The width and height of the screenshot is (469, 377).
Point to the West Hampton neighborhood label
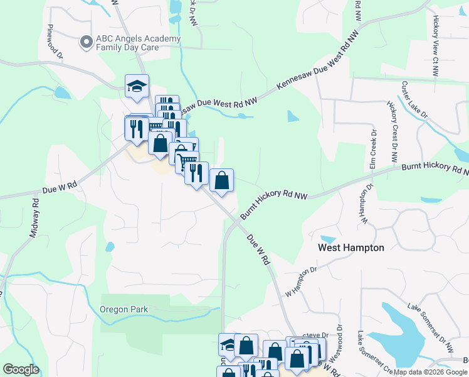point(350,248)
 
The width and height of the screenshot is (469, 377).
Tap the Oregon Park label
point(124,309)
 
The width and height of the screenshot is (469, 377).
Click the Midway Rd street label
point(35,218)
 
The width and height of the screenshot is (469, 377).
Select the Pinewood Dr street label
point(55,42)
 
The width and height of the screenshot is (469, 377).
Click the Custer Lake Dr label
point(414,100)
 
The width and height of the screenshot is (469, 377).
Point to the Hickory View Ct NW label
point(435,46)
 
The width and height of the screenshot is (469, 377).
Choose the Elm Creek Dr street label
point(372,149)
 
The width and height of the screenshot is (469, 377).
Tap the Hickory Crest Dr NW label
point(393,126)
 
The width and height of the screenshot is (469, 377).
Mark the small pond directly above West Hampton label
point(327,239)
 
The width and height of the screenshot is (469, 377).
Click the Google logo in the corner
point(20,369)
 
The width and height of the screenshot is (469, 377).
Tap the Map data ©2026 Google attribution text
point(429,372)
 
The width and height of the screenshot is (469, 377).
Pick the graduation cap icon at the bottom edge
point(226,344)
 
